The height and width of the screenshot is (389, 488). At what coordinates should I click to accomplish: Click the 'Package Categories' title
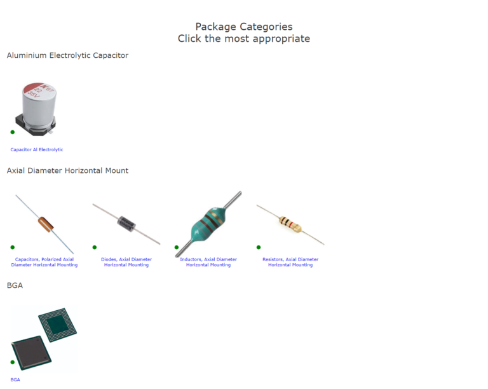pyautogui.click(x=244, y=27)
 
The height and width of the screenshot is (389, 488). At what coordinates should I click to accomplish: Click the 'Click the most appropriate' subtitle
pyautogui.click(x=244, y=39)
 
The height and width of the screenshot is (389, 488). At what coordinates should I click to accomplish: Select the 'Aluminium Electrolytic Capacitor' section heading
pyautogui.click(x=67, y=55)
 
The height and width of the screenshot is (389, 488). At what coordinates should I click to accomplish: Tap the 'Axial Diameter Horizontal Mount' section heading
pyautogui.click(x=67, y=170)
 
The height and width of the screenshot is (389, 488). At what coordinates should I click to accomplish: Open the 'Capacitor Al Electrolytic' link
pyautogui.click(x=37, y=149)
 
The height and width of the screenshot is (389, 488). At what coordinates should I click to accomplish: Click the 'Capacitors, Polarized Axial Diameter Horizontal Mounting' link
pyautogui.click(x=44, y=262)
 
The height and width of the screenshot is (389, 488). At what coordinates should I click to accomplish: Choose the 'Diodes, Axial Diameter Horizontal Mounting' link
pyautogui.click(x=126, y=262)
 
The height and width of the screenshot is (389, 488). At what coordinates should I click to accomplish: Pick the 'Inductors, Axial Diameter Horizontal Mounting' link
pyautogui.click(x=208, y=262)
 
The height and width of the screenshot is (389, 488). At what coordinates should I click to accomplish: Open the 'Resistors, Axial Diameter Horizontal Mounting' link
pyautogui.click(x=290, y=262)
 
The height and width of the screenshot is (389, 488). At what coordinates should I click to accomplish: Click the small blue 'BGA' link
pyautogui.click(x=15, y=379)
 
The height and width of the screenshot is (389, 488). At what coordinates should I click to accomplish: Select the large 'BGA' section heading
pyautogui.click(x=15, y=285)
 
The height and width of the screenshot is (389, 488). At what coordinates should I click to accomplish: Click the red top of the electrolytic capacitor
pyautogui.click(x=39, y=90)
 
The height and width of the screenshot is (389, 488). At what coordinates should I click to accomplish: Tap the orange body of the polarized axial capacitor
pyautogui.click(x=46, y=224)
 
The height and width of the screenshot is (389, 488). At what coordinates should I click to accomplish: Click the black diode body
pyautogui.click(x=126, y=224)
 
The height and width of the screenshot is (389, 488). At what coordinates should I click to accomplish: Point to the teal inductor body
pyautogui.click(x=208, y=224)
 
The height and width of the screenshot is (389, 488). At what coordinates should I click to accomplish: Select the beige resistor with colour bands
pyautogui.click(x=290, y=224)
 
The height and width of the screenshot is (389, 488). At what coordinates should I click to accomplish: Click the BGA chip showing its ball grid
pyautogui.click(x=58, y=325)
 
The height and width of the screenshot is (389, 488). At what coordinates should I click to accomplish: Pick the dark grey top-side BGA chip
pyautogui.click(x=31, y=353)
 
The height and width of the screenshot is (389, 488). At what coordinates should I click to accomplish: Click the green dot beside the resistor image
pyautogui.click(x=259, y=247)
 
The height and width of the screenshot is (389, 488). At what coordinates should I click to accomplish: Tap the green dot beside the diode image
pyautogui.click(x=95, y=247)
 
